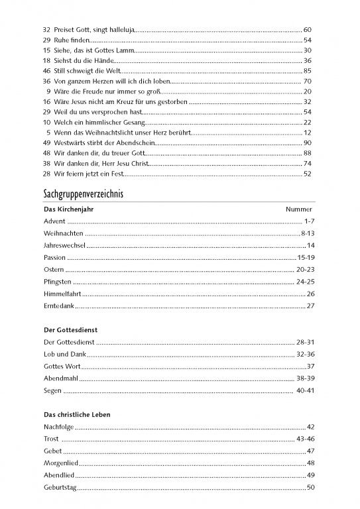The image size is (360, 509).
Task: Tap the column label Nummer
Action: (298, 209)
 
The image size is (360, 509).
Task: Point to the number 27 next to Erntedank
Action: (310, 306)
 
